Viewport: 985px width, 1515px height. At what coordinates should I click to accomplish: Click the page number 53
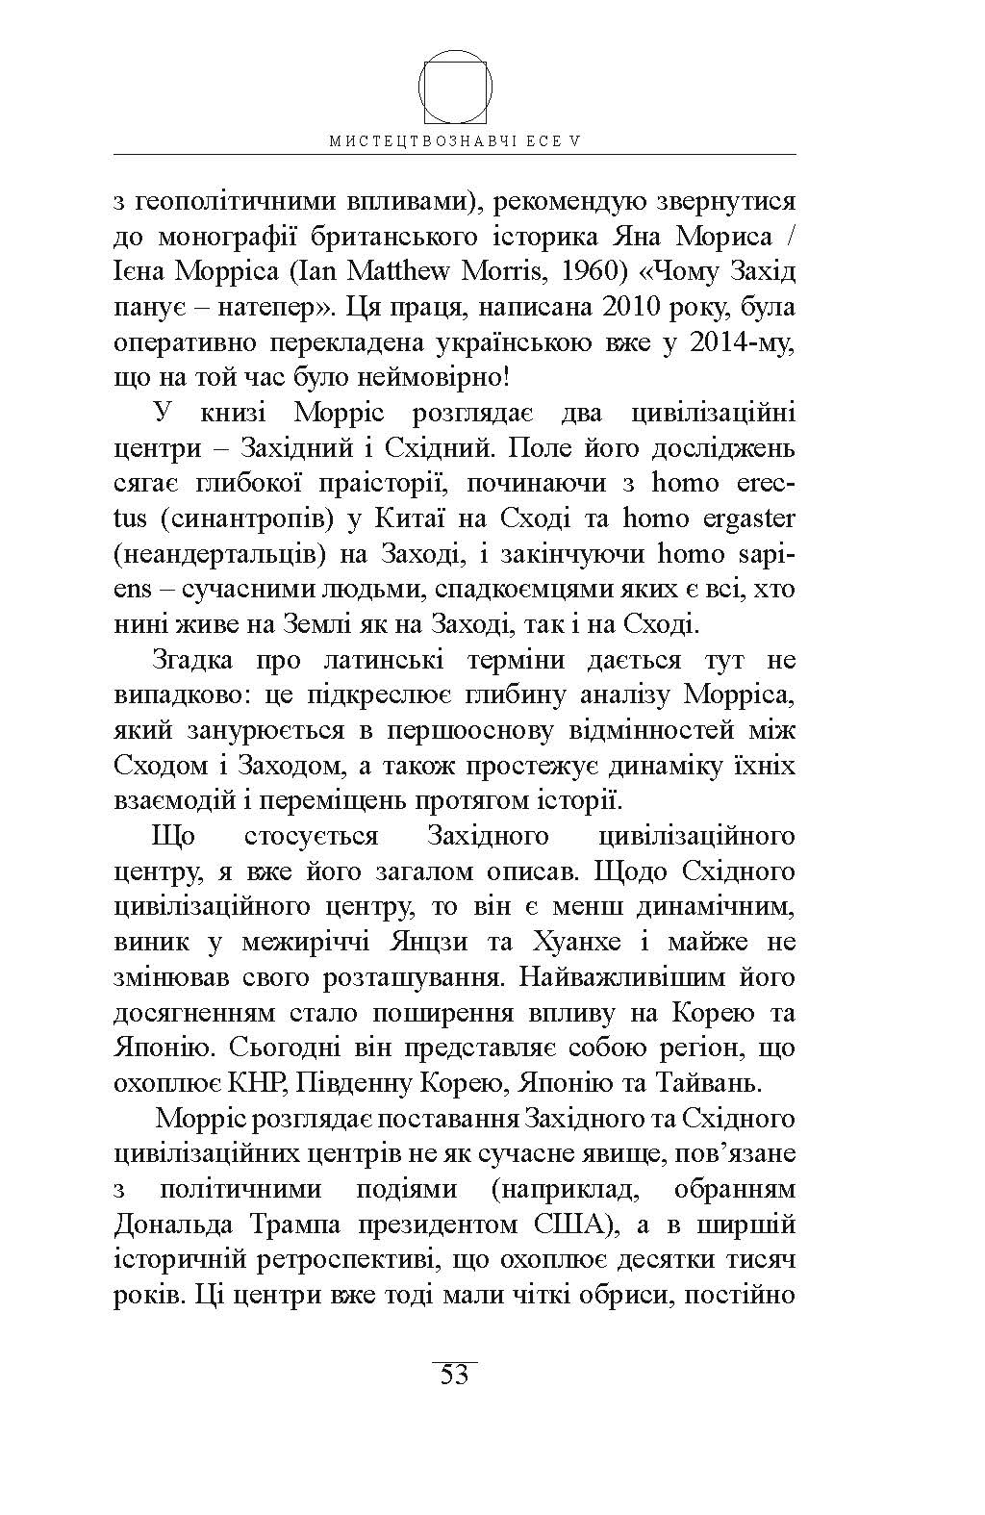click(454, 1375)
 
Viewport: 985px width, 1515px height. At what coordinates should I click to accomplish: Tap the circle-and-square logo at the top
click(456, 88)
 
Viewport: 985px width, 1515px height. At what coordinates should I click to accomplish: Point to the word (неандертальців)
click(229, 555)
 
